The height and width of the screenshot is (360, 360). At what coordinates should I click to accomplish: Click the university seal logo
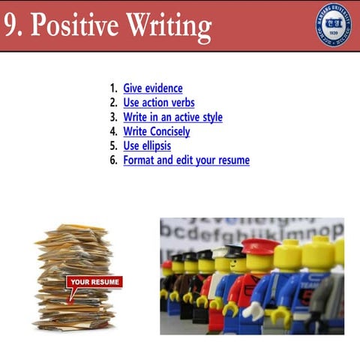[x=334, y=24]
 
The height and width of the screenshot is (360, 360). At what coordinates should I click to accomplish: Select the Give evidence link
[x=153, y=88]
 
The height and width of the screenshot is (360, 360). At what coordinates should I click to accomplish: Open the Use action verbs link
[x=159, y=103]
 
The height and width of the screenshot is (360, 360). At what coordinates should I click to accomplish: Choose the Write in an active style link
[x=172, y=117]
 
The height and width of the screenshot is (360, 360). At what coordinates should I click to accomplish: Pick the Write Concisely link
[x=157, y=131]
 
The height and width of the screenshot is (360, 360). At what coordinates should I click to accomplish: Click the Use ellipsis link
[x=147, y=145]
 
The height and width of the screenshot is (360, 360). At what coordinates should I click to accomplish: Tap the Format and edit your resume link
[x=186, y=160]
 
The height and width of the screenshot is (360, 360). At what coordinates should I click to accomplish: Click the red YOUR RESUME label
[x=94, y=282]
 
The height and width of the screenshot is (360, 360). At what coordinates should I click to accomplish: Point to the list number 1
[x=113, y=88]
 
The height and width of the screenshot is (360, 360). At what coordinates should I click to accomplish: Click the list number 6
[x=113, y=160]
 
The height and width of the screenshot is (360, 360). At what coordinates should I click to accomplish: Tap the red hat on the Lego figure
[x=260, y=246]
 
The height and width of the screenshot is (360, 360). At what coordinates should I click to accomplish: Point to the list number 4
[x=113, y=131]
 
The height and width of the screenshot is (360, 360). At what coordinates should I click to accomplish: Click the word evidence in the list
[x=163, y=88]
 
